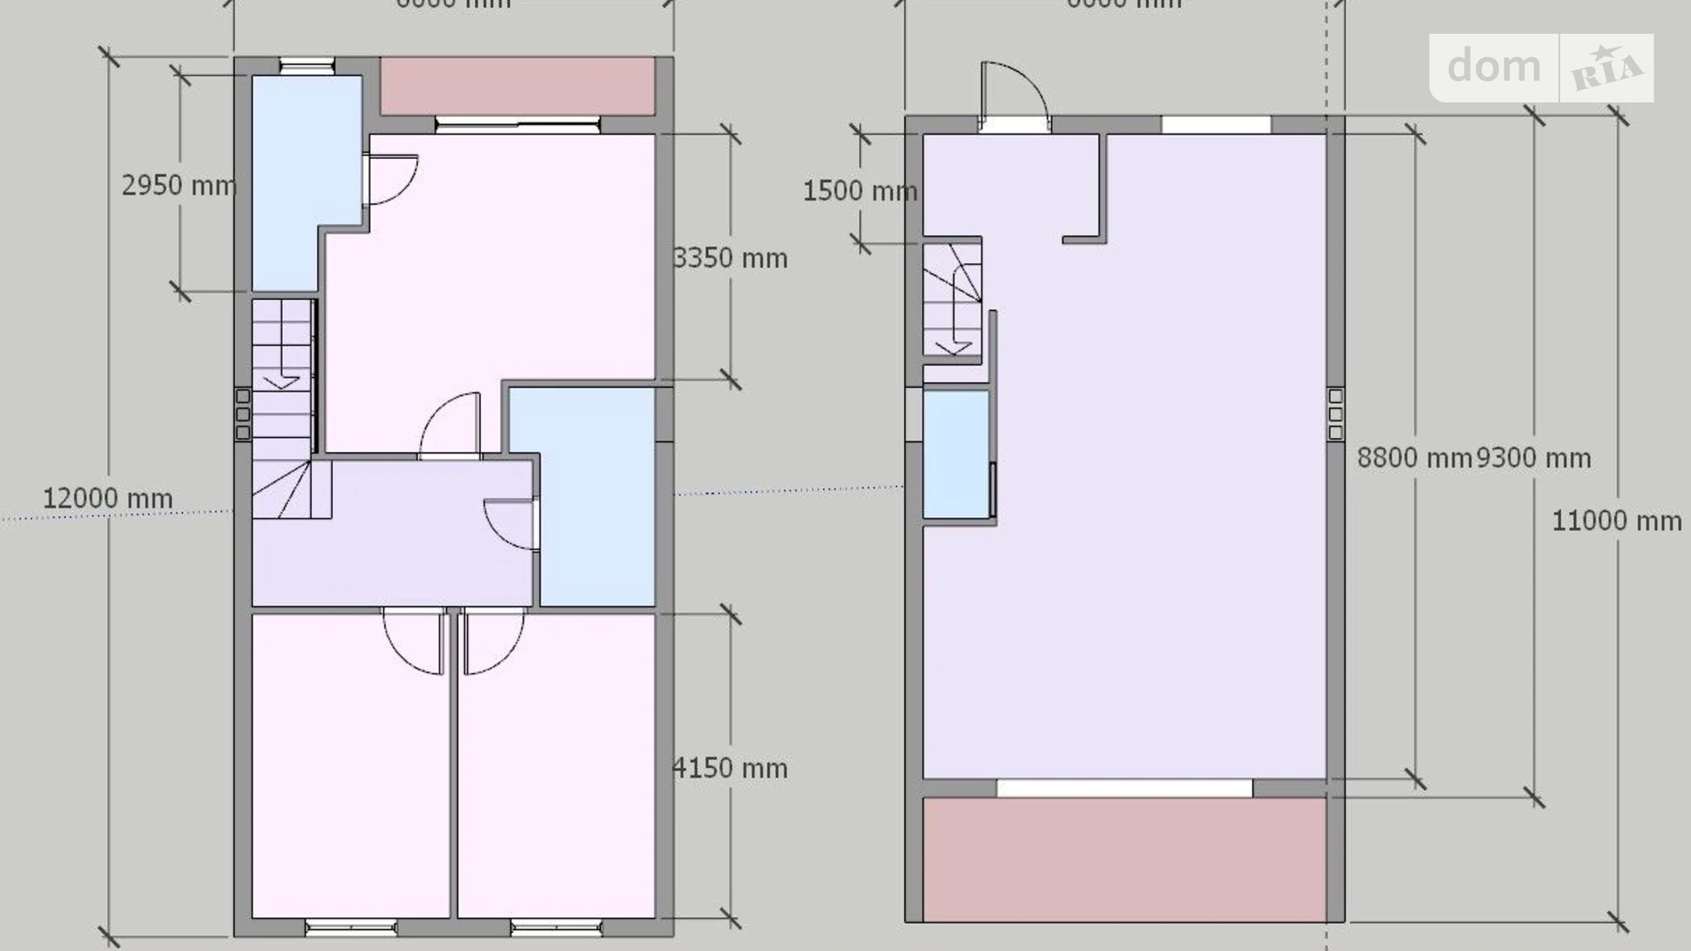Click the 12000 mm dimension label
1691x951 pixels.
108,498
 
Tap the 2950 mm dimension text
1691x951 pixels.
178,186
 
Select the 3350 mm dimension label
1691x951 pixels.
730,259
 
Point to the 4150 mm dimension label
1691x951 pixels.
730,768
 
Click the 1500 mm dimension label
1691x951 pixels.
859,191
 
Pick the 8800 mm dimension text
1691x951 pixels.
1413,457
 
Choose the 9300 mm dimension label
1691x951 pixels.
1534,457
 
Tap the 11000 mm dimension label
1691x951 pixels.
1616,521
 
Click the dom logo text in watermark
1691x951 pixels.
1494,67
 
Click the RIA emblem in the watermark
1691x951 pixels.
1606,69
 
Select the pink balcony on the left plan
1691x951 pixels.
517,85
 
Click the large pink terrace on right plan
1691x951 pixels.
1123,859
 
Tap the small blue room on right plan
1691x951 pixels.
956,454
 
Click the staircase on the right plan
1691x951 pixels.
952,297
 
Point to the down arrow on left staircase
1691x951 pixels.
282,379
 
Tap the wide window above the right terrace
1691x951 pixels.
1123,788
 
